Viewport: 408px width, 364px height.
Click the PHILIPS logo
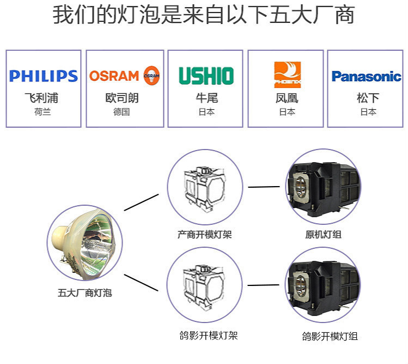coord(44,76)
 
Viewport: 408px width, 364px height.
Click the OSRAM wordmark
coord(114,75)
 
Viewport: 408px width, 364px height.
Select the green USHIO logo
coord(206,76)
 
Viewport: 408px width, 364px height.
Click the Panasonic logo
coord(366,76)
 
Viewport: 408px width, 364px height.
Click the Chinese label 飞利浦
coord(44,98)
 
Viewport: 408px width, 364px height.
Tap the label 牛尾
coord(206,98)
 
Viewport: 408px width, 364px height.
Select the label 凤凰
coord(287,98)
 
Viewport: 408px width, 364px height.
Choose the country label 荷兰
coord(44,112)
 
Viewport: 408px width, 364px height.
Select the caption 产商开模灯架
coord(204,234)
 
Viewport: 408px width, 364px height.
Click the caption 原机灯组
coord(324,235)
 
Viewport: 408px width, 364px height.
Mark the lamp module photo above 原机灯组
coord(324,187)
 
